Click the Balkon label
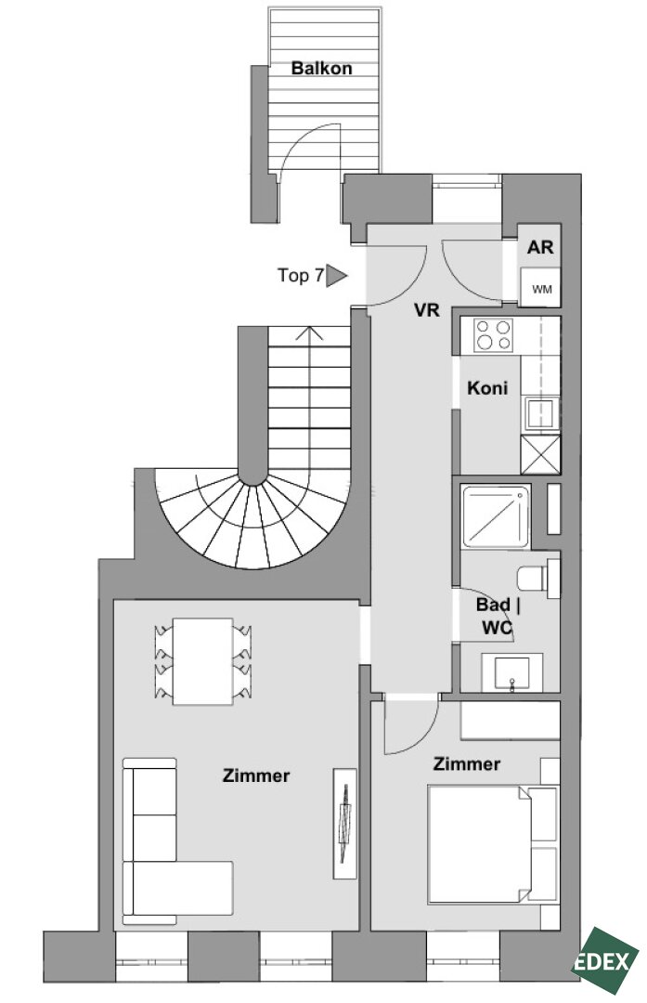(321, 68)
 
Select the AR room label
(540, 247)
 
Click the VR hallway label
(426, 310)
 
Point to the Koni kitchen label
(487, 387)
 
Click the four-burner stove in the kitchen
(494, 335)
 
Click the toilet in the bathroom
(538, 579)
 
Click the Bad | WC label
(498, 616)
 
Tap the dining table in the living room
(202, 661)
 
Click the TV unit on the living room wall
(344, 823)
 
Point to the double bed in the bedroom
(480, 843)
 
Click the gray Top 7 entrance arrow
(336, 276)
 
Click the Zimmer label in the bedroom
(467, 763)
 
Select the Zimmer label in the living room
(256, 775)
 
